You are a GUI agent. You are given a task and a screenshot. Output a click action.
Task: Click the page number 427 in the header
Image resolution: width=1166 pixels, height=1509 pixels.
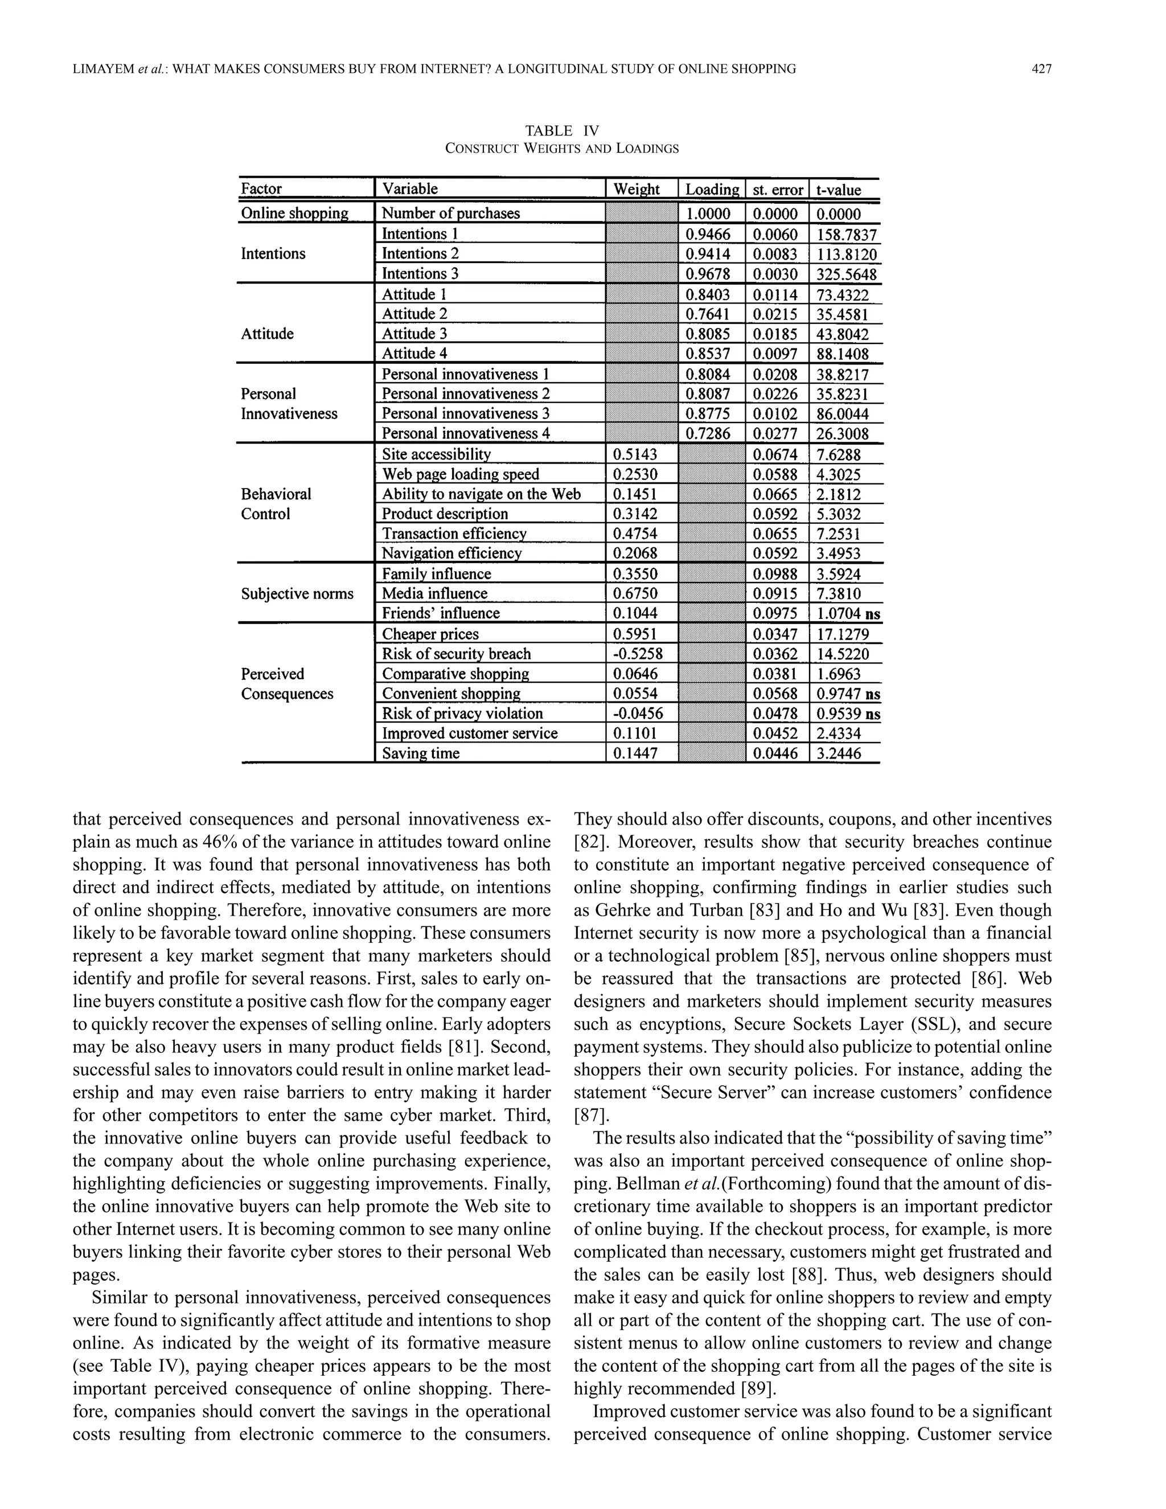pos(1041,68)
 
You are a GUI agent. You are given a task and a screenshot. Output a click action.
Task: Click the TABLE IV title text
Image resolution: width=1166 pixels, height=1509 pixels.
pos(561,130)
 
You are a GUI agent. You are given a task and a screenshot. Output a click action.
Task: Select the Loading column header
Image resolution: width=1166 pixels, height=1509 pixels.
pos(712,189)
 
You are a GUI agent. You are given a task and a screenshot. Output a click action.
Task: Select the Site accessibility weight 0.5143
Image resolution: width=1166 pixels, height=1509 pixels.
pos(635,454)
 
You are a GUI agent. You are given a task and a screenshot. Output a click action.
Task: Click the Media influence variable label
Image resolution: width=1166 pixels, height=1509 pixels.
pos(434,593)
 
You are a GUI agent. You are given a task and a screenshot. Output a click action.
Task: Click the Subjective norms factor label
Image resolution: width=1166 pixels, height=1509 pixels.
pos(297,593)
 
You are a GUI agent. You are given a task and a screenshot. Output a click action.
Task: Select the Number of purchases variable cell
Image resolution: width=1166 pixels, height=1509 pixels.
pos(450,214)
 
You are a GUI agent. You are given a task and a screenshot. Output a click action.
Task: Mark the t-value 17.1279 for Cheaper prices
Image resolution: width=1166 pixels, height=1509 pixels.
pos(842,634)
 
